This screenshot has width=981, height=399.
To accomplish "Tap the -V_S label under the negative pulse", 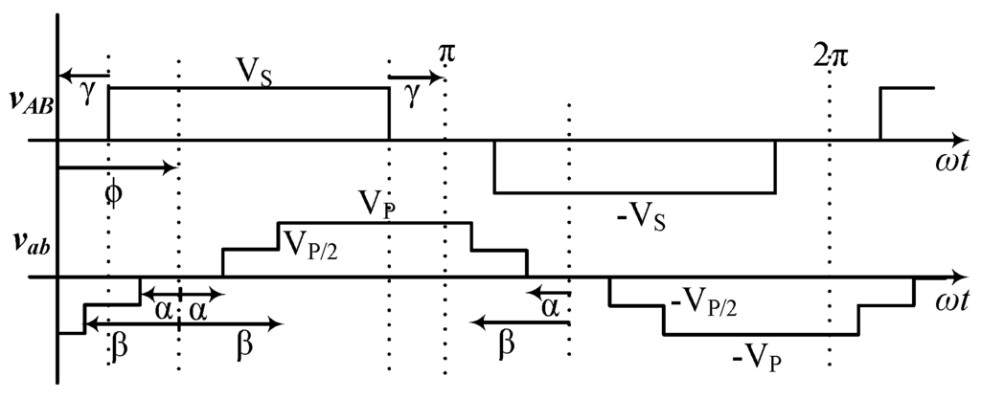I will tap(641, 218).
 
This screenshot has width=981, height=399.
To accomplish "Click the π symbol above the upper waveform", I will tap(446, 54).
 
